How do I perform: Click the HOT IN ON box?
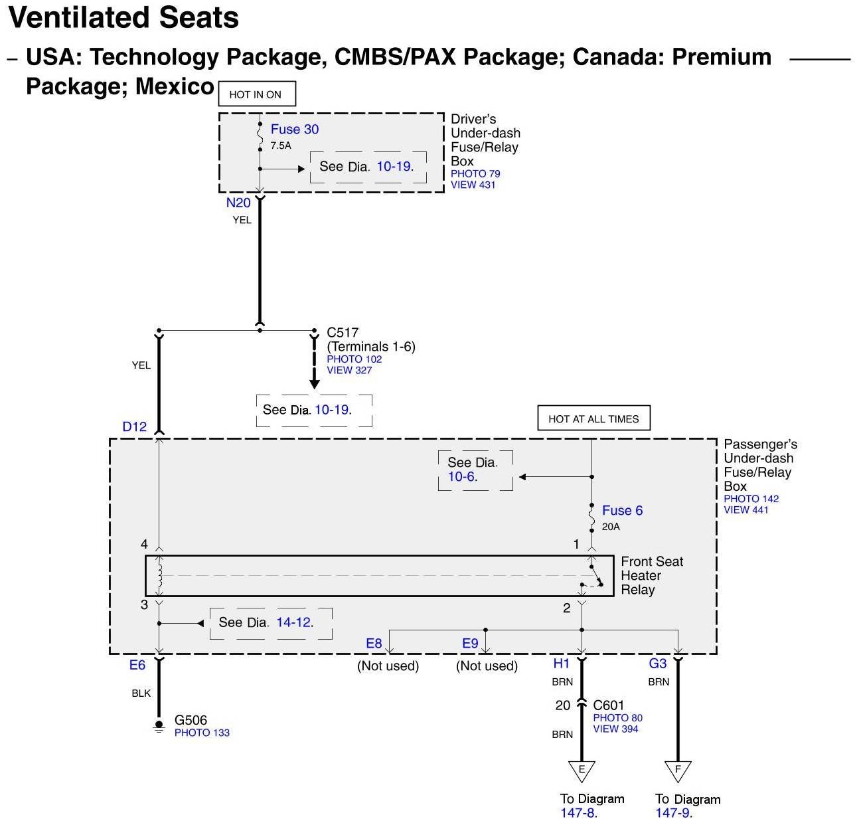click(x=256, y=94)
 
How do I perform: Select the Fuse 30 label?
click(x=294, y=130)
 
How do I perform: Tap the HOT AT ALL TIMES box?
click(x=593, y=418)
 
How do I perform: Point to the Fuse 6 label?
click(x=622, y=510)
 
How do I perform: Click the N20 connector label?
click(x=238, y=203)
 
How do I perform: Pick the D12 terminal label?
click(x=134, y=427)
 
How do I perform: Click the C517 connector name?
click(x=343, y=332)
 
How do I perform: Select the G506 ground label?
click(x=191, y=720)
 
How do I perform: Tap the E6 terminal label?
click(x=137, y=665)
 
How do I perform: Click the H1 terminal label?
click(x=562, y=663)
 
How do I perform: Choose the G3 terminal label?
click(x=657, y=663)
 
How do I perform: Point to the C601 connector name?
click(x=608, y=705)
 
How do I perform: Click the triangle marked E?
click(x=582, y=770)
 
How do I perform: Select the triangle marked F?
click(x=678, y=770)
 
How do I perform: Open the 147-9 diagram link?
click(x=673, y=813)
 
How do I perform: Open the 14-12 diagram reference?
click(x=294, y=622)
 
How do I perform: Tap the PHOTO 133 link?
click(x=202, y=733)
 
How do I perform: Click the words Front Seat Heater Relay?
click(x=651, y=575)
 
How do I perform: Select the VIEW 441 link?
click(x=745, y=510)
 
